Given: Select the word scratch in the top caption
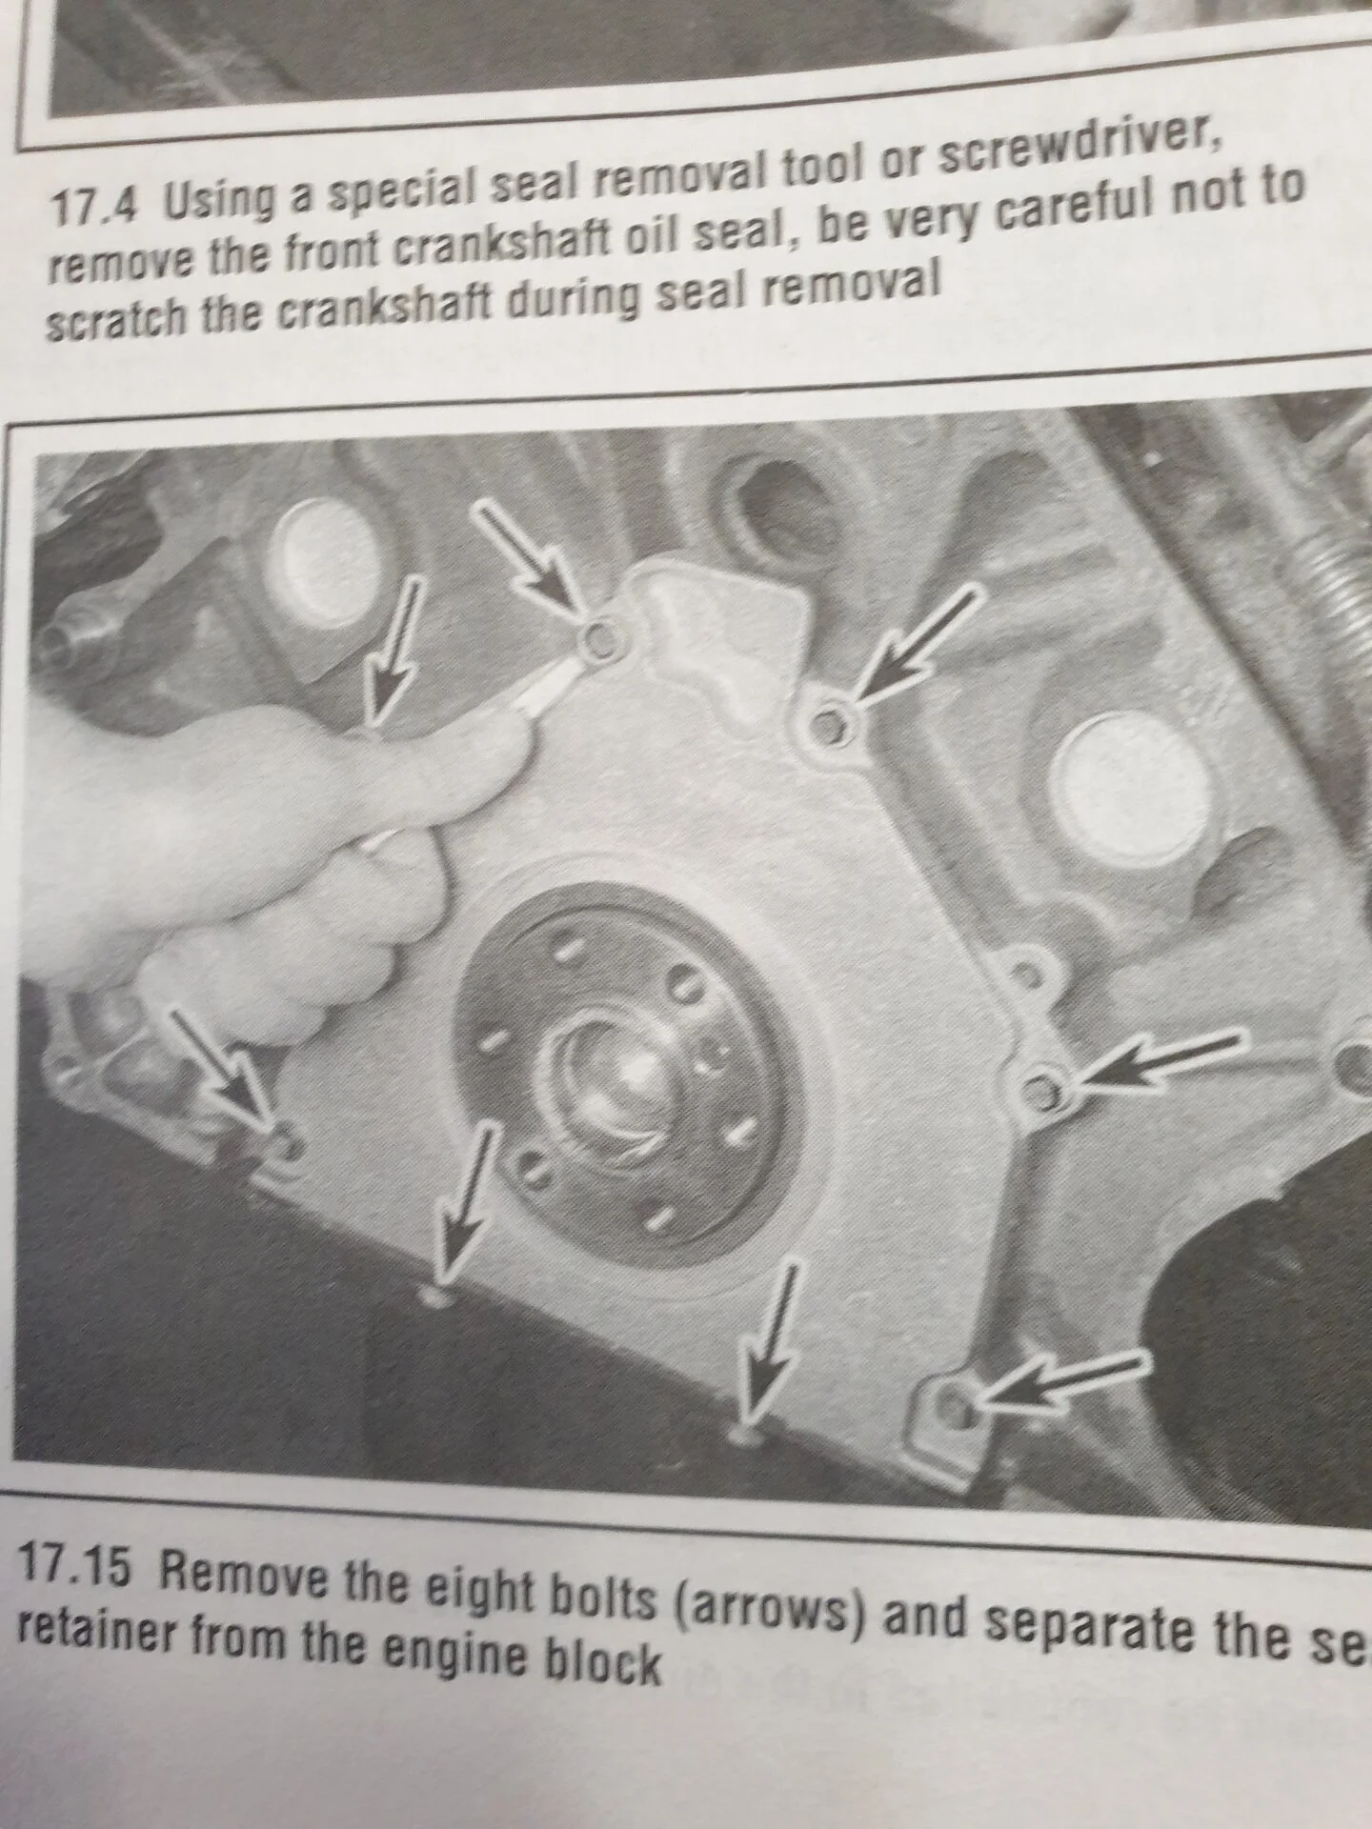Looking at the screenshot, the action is click(111, 320).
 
